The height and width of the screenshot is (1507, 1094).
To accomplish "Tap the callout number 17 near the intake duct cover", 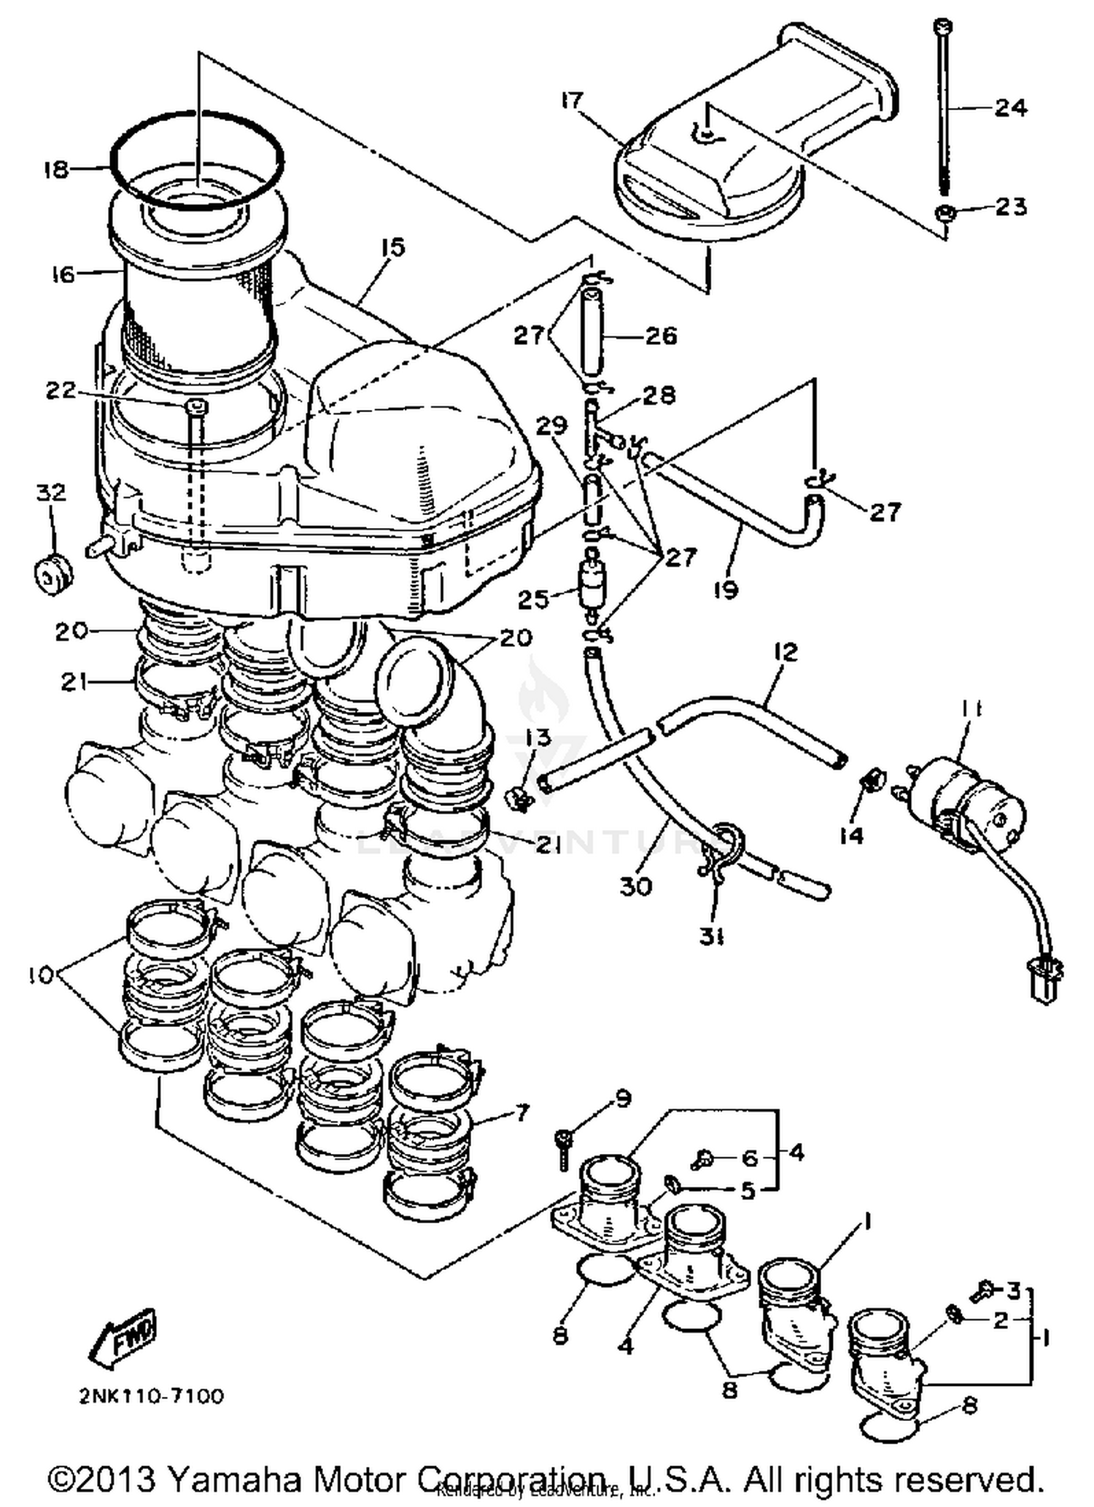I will click(x=573, y=101).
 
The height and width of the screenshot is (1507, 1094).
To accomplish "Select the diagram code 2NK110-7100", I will click(x=151, y=1396).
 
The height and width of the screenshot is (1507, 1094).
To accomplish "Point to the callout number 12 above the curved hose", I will click(x=785, y=651).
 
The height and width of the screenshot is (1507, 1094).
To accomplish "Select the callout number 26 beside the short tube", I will click(x=661, y=336).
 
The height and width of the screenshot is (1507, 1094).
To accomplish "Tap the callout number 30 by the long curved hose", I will click(x=635, y=886).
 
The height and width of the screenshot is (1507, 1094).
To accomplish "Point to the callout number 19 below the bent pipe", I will click(x=726, y=589).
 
